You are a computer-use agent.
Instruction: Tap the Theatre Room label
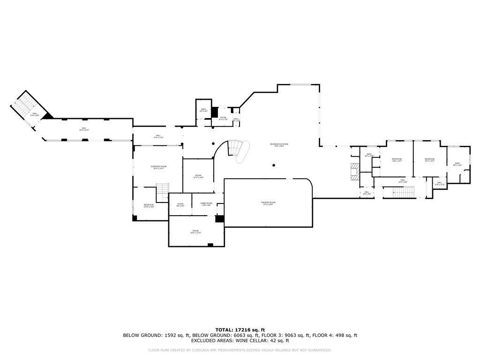[268, 203]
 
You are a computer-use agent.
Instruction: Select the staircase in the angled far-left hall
[22, 107]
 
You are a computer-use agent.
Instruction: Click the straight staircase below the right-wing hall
[399, 192]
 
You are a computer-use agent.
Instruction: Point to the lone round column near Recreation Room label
[274, 165]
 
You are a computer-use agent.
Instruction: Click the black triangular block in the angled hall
[48, 115]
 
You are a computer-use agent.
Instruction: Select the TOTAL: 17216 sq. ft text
[240, 330]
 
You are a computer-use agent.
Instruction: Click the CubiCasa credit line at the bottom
[240, 350]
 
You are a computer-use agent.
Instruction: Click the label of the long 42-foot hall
[84, 129]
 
